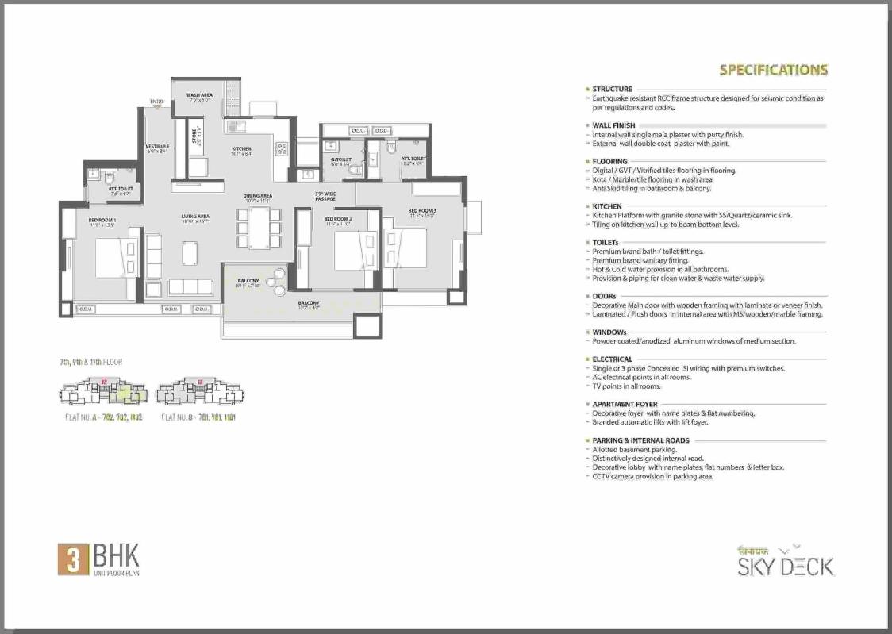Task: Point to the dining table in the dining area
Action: coord(257,227)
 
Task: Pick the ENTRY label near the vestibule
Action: coord(156,102)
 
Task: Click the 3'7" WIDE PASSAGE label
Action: coord(325,196)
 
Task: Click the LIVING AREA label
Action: coord(194,217)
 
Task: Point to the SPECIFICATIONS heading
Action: coord(773,70)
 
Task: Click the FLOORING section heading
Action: coord(609,162)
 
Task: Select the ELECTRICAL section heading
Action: coord(612,359)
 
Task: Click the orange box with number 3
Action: coord(72,559)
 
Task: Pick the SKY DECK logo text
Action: coord(786,566)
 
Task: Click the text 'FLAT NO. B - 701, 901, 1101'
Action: coord(198,417)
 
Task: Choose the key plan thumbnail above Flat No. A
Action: coord(103,392)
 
